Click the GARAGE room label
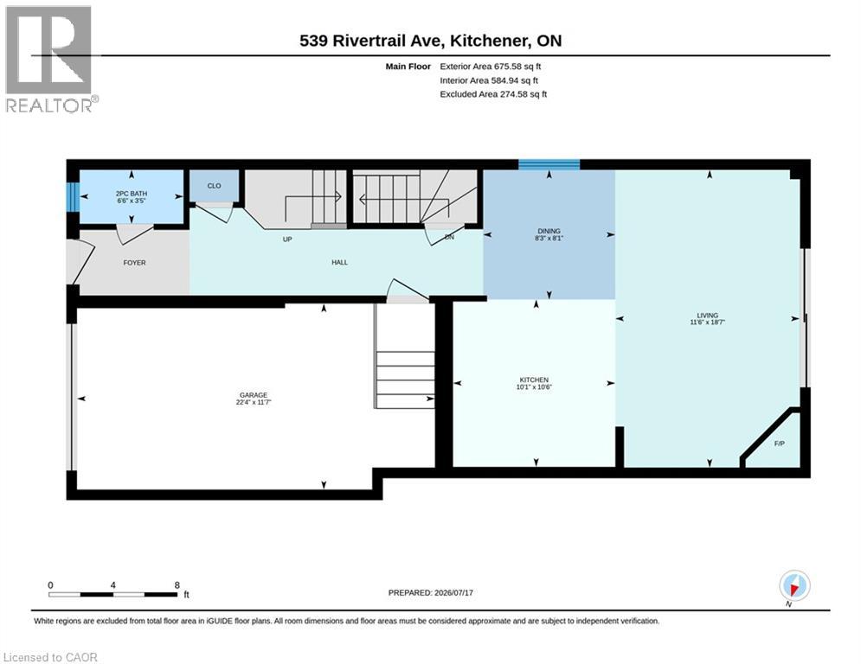pos(254,395)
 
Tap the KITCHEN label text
pos(534,380)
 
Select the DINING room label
pos(549,231)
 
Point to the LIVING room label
pos(707,316)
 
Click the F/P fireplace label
pos(779,444)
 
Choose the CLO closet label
pos(214,186)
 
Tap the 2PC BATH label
pos(132,194)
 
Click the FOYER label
pos(134,263)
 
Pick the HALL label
pos(339,262)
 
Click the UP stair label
pos(287,239)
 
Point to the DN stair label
pos(449,238)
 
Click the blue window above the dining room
pos(549,164)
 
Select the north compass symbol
pos(794,586)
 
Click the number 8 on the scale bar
pos(177,585)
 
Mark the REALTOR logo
pos(51,59)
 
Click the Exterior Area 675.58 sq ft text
pos(491,67)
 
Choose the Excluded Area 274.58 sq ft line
pos(493,94)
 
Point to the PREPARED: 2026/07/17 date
pos(431,592)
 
